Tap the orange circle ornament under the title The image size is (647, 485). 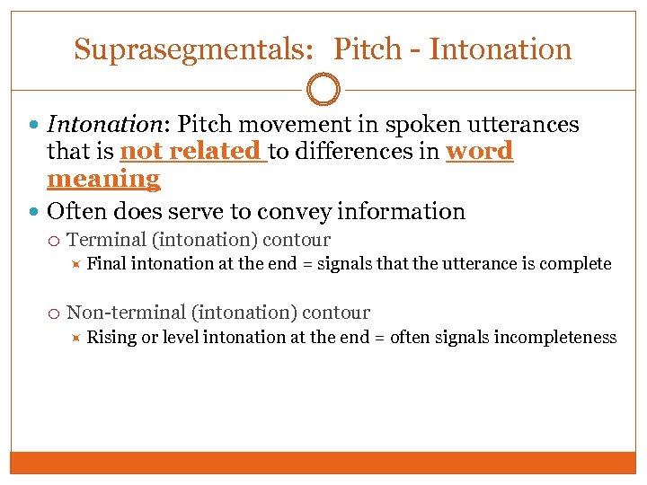click(x=323, y=90)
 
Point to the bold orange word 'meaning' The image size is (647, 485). click(x=103, y=179)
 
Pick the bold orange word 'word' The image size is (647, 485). click(x=479, y=152)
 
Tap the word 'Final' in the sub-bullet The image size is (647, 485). click(x=105, y=264)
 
